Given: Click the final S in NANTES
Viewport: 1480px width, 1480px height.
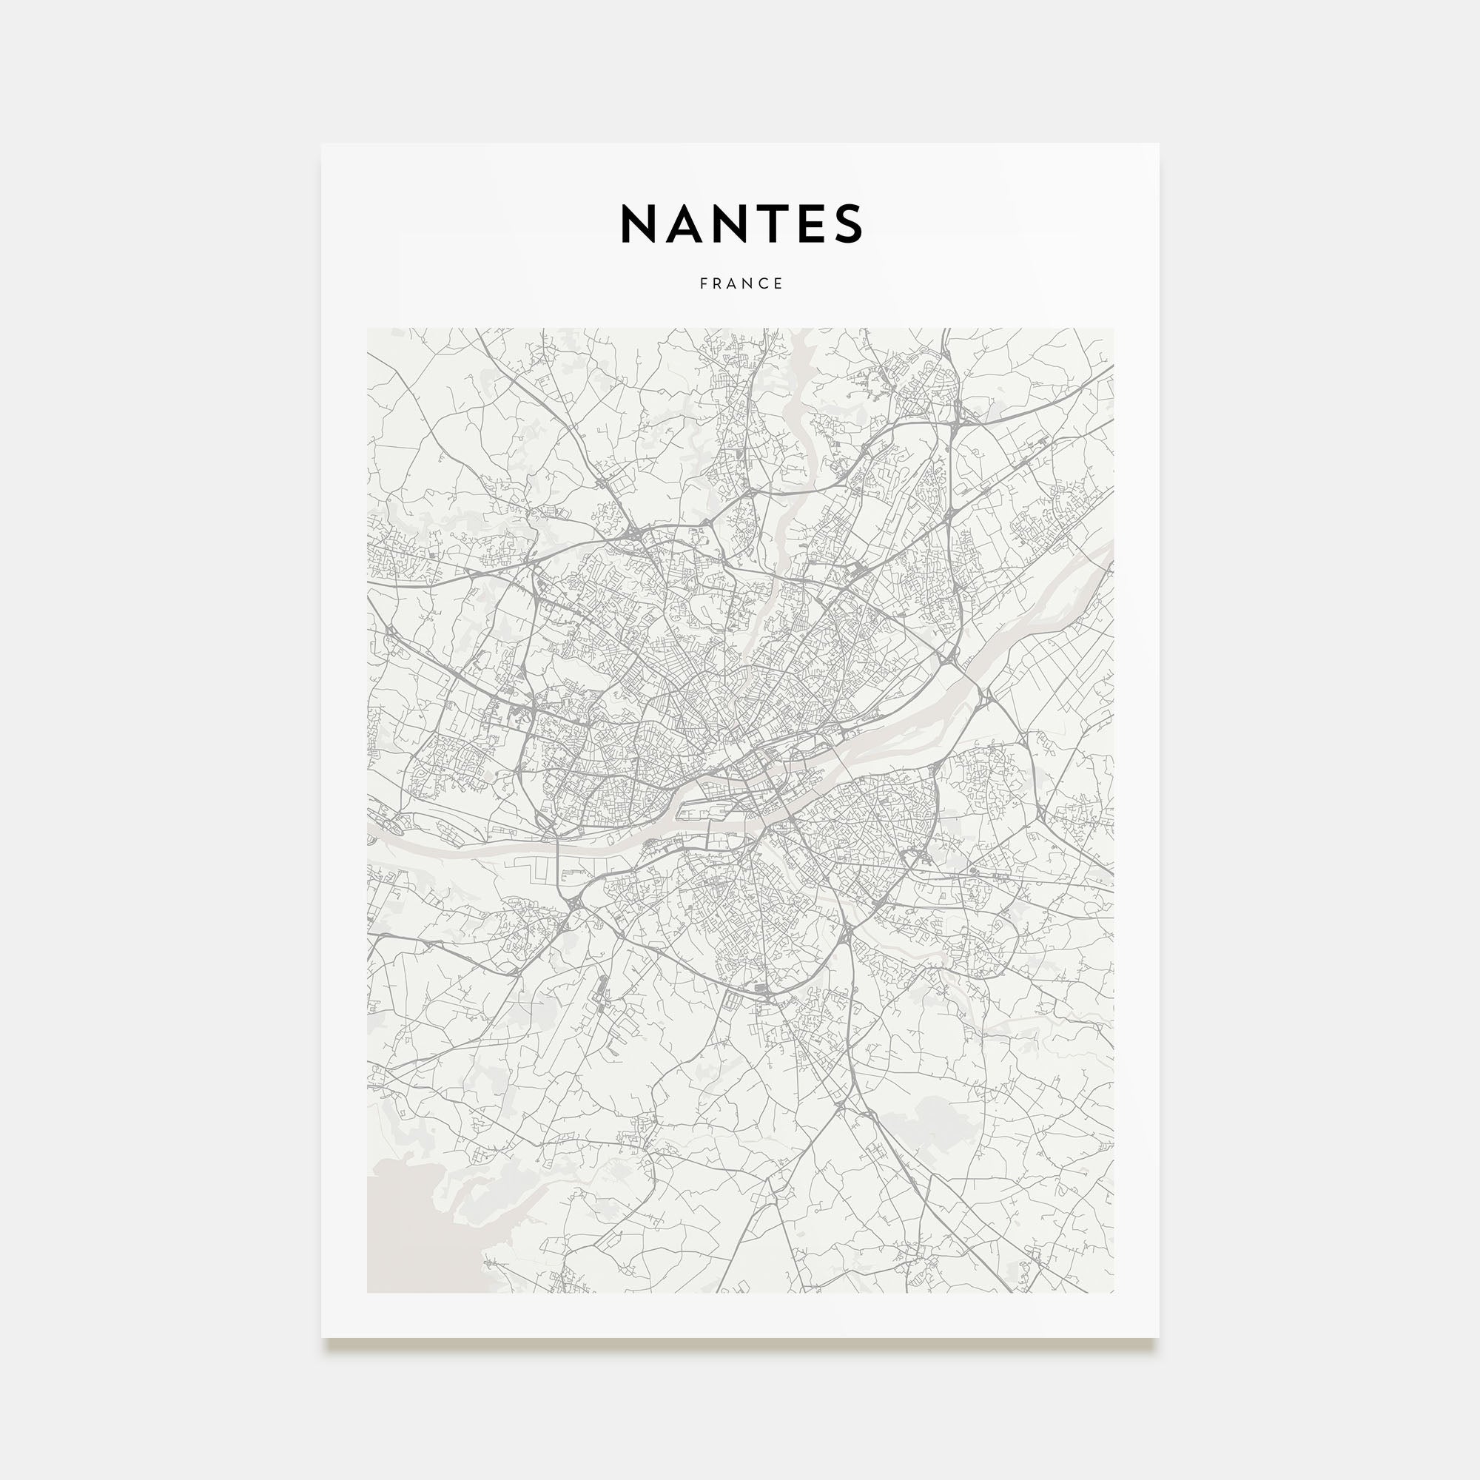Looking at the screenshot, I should pos(850,223).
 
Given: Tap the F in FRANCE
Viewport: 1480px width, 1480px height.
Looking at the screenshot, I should pos(703,283).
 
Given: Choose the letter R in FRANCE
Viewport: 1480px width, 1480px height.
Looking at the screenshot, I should pos(719,283).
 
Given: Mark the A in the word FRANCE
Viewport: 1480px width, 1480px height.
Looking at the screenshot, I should pos(734,283).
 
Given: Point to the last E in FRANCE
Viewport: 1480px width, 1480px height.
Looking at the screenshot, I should pos(779,283).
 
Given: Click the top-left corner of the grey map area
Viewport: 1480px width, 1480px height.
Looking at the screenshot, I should pos(368,329).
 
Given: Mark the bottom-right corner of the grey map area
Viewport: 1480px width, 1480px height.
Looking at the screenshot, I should pos(1113,1292).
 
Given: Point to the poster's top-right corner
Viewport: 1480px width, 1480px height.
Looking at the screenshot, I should pos(1158,144).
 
